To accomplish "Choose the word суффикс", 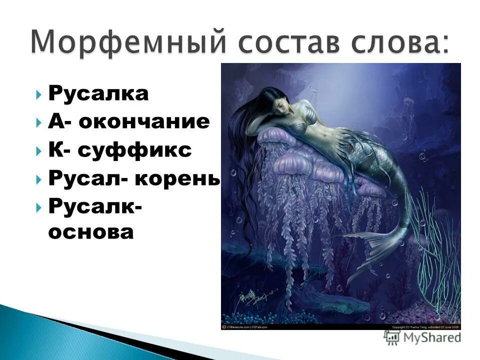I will pyautogui.click(x=135, y=150).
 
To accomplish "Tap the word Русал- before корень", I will pyautogui.click(x=87, y=179).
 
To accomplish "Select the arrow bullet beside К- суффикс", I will pyautogui.click(x=39, y=151).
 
